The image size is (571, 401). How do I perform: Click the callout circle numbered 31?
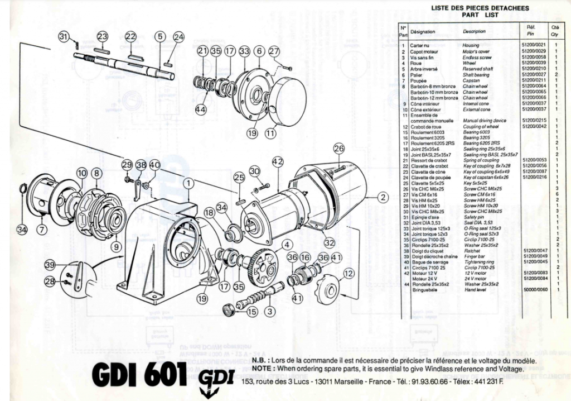(x=65, y=37)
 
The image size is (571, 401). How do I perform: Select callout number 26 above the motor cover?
(x=338, y=149)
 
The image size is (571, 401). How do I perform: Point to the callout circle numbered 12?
(x=349, y=274)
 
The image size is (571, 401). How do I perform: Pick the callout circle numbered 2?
(x=383, y=197)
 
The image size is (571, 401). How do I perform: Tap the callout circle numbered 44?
(x=200, y=109)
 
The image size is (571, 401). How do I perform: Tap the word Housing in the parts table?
(x=471, y=46)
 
